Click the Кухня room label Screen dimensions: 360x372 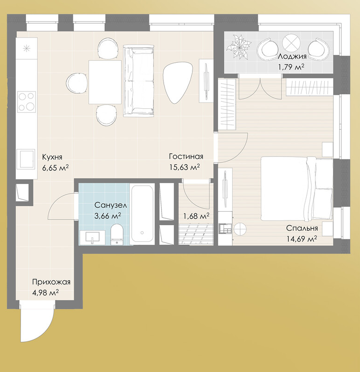click(52, 157)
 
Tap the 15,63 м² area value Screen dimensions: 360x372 click(184, 167)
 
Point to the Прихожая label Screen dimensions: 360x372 click(51, 282)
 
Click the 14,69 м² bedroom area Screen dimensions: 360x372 click(302, 239)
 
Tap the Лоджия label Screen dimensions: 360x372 click(292, 57)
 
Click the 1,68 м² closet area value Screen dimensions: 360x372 click(196, 216)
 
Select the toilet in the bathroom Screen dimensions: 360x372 click(117, 234)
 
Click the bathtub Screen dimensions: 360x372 click(142, 214)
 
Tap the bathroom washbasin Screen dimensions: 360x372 click(92, 237)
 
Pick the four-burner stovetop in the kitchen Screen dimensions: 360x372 click(26, 102)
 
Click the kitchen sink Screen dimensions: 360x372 click(26, 159)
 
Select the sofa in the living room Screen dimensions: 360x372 click(139, 81)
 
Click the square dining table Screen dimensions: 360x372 click(105, 82)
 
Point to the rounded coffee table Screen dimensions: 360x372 click(177, 82)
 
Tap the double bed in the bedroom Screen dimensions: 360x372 click(296, 189)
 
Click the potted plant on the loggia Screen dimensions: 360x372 click(238, 47)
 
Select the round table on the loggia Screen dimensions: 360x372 click(291, 43)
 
